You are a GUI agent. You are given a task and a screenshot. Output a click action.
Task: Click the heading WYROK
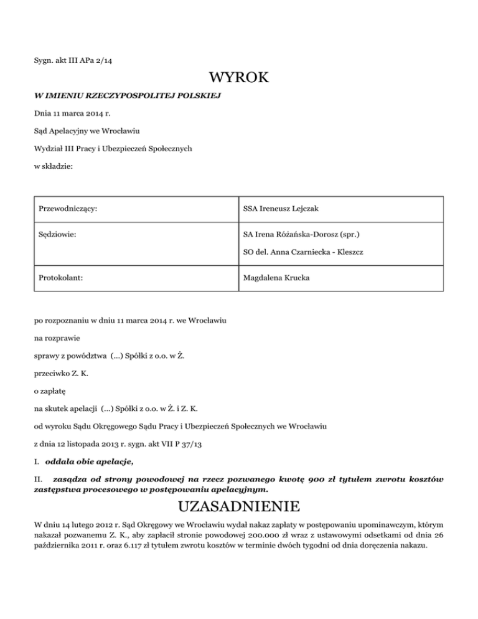(x=239, y=78)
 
